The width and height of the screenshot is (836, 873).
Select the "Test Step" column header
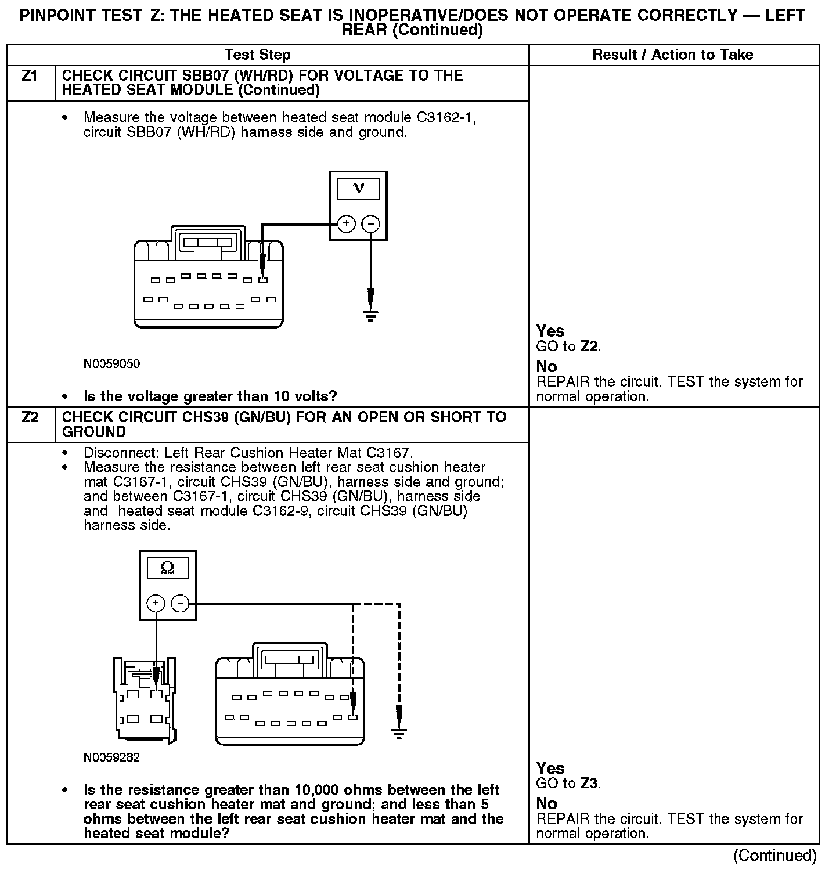point(257,55)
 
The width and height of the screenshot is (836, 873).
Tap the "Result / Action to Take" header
point(673,55)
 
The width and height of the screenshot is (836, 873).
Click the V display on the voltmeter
point(358,189)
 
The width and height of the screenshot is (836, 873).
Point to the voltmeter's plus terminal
point(346,223)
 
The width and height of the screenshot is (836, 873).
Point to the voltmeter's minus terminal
point(371,223)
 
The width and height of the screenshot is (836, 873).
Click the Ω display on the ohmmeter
point(167,568)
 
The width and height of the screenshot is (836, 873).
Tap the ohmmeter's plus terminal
point(155,604)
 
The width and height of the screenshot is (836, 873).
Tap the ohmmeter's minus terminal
point(181,604)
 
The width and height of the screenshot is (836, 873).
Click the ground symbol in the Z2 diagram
point(399,733)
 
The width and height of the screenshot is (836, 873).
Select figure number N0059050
point(111,364)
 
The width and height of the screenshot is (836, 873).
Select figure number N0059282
point(111,757)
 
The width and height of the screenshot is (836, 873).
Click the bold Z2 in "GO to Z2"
point(589,347)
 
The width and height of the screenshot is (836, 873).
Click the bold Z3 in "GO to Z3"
point(589,784)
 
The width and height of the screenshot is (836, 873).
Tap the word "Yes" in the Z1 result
point(550,331)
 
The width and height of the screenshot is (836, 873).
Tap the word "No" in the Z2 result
point(546,804)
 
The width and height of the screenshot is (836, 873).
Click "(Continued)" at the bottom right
point(774,855)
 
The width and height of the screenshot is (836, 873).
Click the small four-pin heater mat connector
point(145,701)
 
